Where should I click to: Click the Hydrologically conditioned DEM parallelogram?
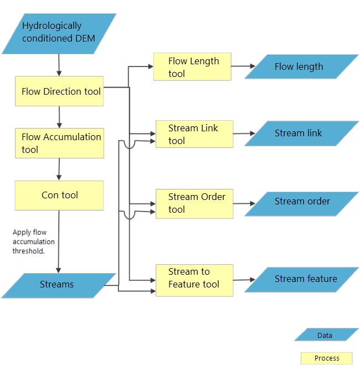click(x=59, y=33)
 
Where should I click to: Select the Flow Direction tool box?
click(x=59, y=91)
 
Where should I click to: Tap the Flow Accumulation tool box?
click(x=59, y=143)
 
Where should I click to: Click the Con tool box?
click(x=59, y=195)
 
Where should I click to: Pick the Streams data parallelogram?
click(x=59, y=285)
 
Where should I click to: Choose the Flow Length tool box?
click(x=192, y=67)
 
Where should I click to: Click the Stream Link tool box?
click(x=194, y=134)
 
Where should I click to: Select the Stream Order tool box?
click(x=194, y=203)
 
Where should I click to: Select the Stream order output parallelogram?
click(x=301, y=202)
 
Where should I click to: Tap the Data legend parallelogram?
click(x=326, y=335)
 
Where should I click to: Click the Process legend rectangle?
click(x=327, y=358)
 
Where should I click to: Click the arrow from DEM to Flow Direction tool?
click(x=59, y=66)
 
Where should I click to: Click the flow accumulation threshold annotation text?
click(x=33, y=242)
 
